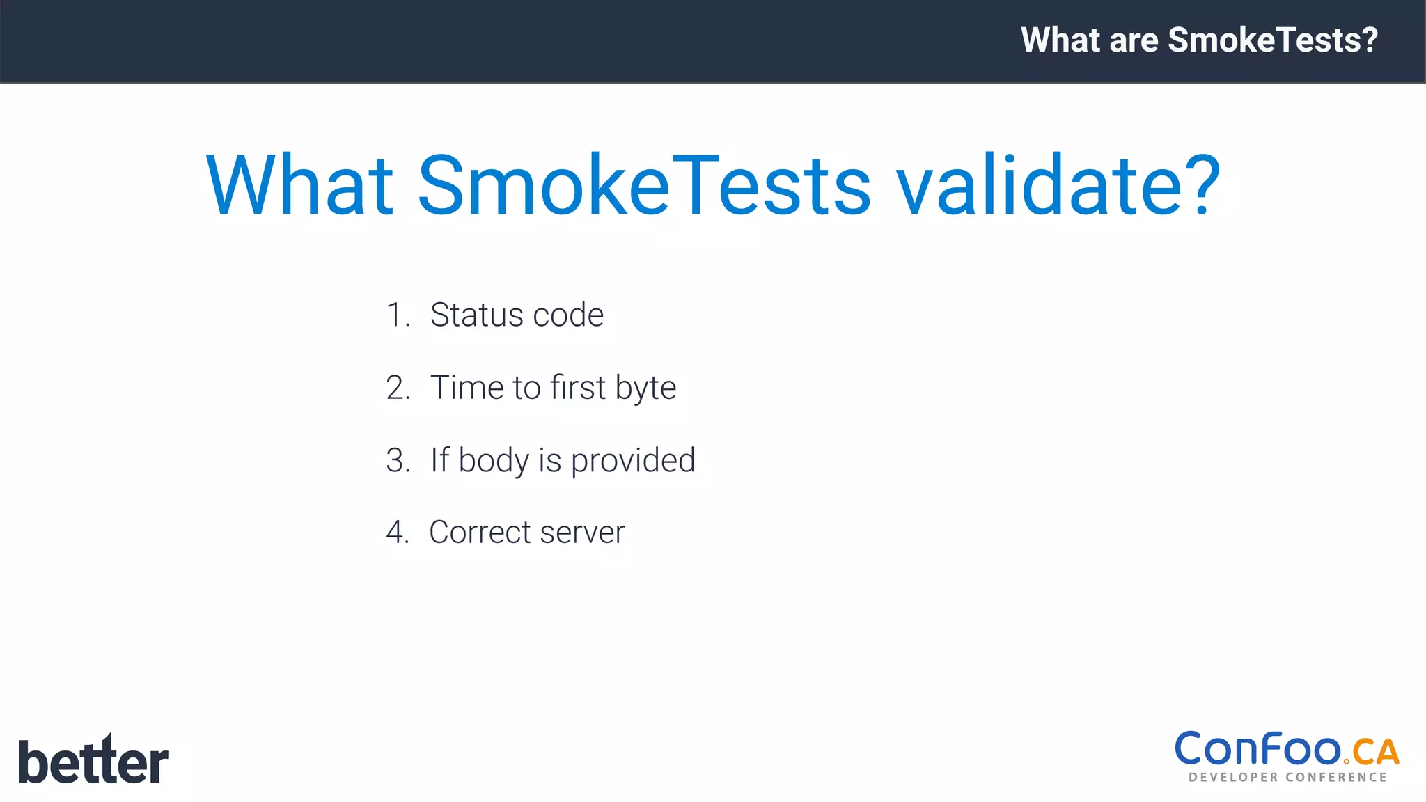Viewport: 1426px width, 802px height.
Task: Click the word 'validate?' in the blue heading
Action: [1058, 186]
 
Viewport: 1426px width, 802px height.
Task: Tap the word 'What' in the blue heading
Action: [300, 186]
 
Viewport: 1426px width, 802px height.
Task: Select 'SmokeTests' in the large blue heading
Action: [644, 186]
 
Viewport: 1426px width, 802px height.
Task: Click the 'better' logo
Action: [93, 760]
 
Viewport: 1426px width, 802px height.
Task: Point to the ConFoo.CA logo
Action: [1287, 756]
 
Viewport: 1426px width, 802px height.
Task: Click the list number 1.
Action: [397, 315]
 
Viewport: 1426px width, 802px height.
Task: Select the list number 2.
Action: [398, 388]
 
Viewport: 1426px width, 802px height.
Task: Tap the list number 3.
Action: [398, 460]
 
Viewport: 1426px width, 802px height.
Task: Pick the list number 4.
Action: [398, 533]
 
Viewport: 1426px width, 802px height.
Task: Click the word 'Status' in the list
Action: [476, 315]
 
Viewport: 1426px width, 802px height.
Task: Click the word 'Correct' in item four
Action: [480, 533]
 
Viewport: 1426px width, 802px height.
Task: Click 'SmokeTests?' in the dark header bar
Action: [1273, 40]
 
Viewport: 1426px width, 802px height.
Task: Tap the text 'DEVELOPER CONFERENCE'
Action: [1287, 777]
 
